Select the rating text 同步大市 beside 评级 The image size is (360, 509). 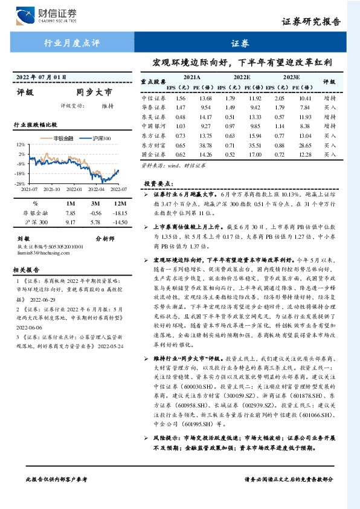coord(94,93)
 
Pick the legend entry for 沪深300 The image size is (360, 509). coord(101,138)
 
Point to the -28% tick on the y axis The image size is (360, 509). coord(19,183)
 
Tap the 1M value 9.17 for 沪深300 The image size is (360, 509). coord(69,223)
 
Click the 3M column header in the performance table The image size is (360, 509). coord(95,203)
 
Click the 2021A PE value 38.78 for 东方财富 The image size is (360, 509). coord(205,146)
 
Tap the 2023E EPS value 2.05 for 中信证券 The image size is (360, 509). coord(279,97)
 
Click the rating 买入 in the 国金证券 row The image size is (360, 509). coord(330,155)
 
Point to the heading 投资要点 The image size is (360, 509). coord(159,182)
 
